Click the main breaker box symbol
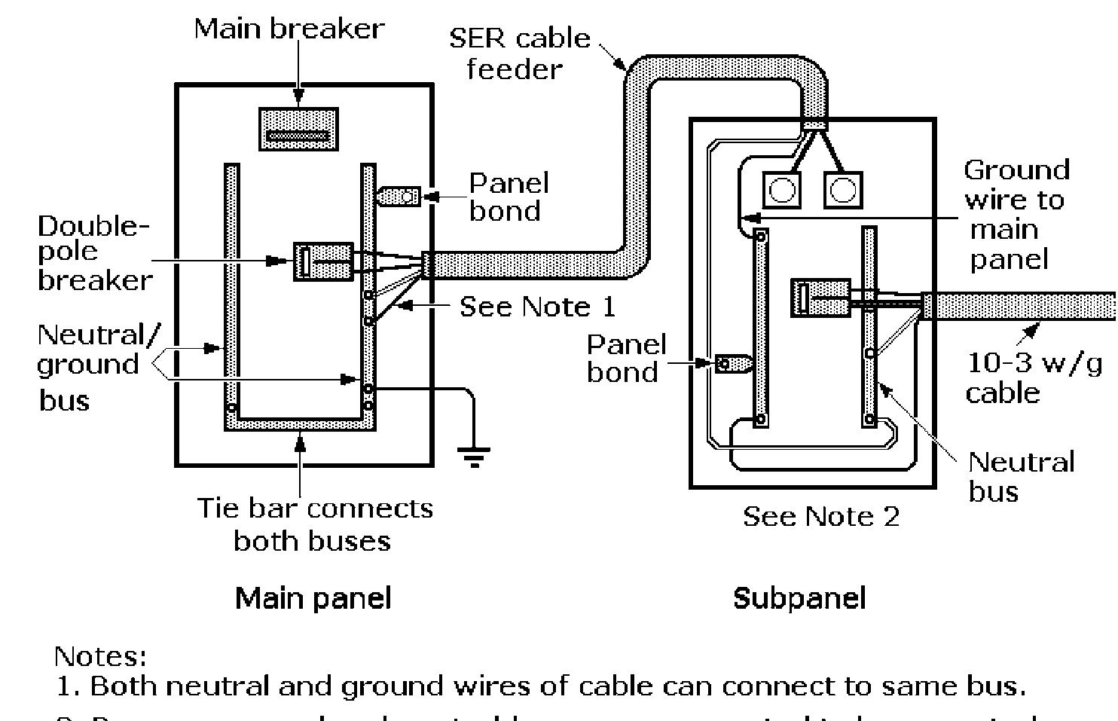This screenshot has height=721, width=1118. pos(298,129)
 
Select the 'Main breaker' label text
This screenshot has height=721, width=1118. pos(289,29)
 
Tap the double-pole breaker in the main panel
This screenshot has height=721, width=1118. pos(322,261)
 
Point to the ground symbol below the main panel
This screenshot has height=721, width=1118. pos(473,456)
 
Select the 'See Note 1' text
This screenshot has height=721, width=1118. pos(537,307)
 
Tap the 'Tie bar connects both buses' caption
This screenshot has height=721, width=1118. pos(314,524)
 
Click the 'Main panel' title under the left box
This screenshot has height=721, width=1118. pos(313,598)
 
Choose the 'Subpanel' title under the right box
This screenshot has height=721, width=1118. pos(799,598)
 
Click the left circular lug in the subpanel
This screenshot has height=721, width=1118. pos(781,190)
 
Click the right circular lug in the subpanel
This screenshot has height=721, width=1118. pos(842,190)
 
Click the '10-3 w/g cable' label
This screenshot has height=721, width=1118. pos(1033,377)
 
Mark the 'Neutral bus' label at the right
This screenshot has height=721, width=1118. pos(1020,476)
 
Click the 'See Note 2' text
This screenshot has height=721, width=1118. pos(820,517)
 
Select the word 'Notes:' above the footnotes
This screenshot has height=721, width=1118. pos(100,656)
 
